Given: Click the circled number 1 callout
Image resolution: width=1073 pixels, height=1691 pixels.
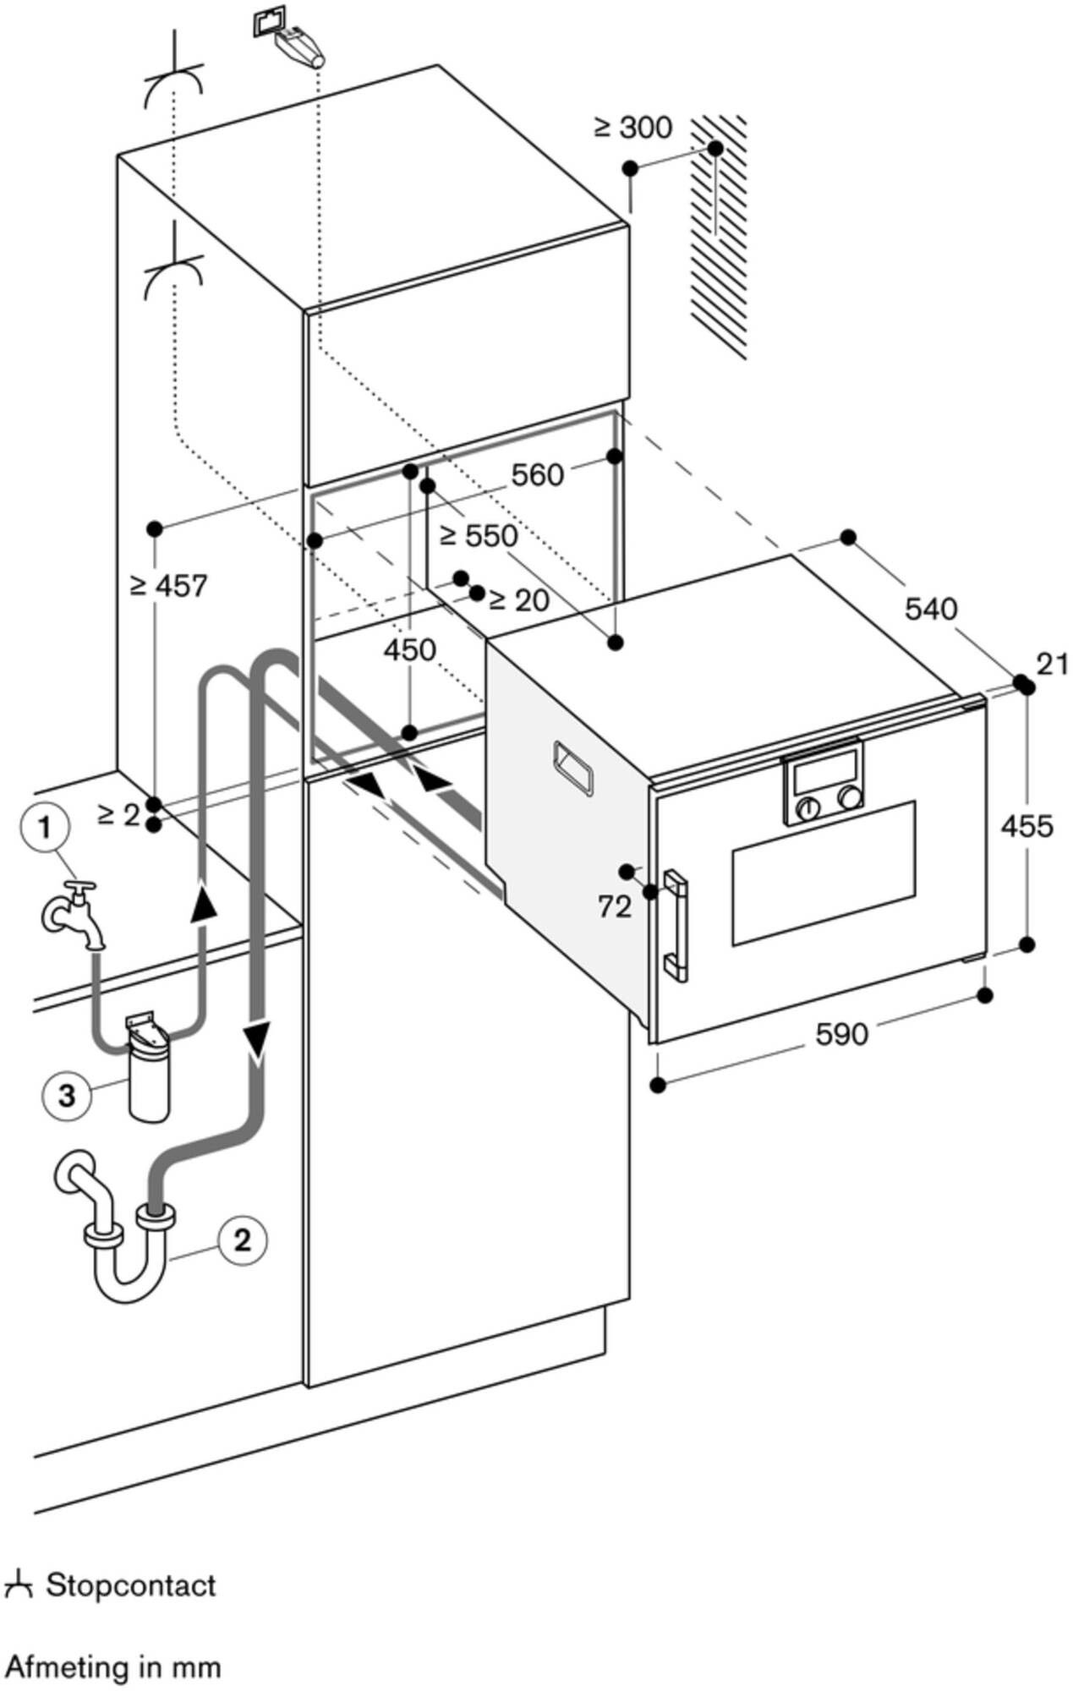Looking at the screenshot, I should [44, 828].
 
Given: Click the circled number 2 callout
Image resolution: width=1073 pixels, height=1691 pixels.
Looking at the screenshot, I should [242, 1240].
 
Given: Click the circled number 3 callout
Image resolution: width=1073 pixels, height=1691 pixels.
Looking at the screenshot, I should [66, 1096].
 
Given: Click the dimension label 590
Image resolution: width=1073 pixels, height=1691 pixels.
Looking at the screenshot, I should [841, 1033].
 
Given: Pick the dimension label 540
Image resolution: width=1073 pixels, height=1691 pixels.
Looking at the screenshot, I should [930, 608].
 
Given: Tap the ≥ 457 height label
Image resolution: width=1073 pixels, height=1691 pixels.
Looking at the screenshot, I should [168, 585].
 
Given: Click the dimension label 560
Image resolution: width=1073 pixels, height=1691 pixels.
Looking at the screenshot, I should [537, 475].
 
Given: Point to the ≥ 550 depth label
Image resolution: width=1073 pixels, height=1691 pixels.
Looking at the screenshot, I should [479, 535].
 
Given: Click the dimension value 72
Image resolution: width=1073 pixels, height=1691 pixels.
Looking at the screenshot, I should [614, 907].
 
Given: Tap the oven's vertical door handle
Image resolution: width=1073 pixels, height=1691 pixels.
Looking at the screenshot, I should [676, 925].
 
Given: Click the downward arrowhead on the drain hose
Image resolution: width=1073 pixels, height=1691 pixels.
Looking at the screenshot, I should [256, 1038].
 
